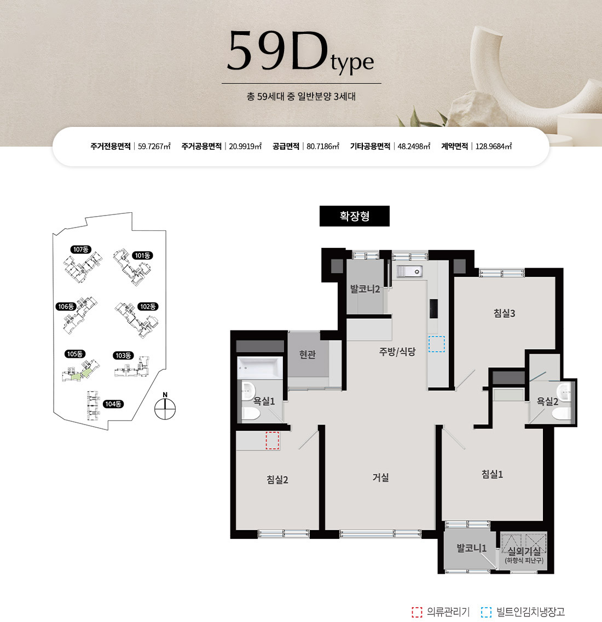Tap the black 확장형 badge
point(355,216)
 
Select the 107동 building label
point(81,249)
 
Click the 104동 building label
point(113,404)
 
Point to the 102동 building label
point(148,306)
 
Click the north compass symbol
point(165,406)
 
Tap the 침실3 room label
point(504,313)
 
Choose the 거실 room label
point(380,477)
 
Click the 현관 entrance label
point(308,354)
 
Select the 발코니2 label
point(364,289)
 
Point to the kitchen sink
point(409,271)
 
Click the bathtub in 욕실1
point(260,368)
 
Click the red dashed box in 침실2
point(272,440)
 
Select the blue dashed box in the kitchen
point(437,344)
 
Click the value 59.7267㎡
point(154,147)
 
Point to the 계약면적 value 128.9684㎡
point(494,147)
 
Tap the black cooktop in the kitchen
point(433,309)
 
